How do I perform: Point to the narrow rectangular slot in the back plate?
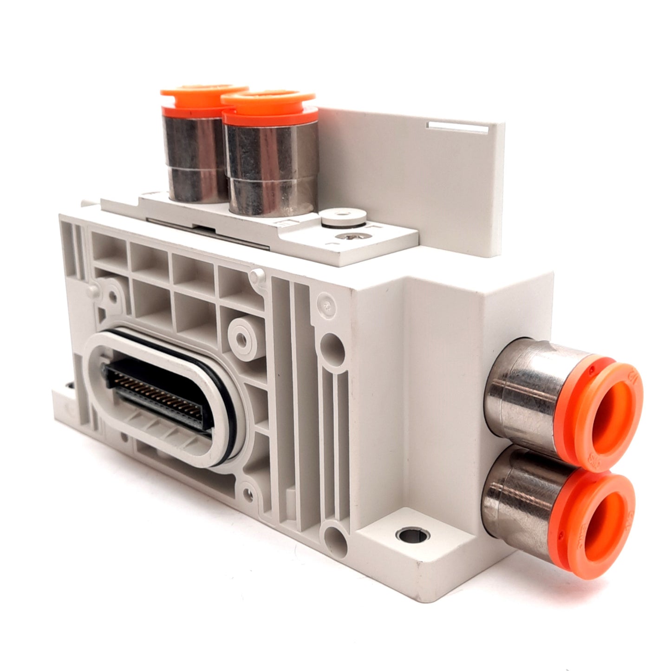(460, 124)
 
